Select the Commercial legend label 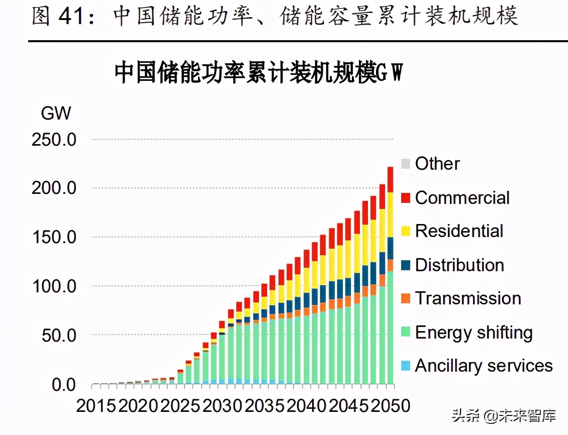[x=462, y=197]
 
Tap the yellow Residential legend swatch [x=406, y=231]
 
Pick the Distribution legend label [x=459, y=265]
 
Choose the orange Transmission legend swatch [x=406, y=298]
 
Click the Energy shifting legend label [x=474, y=332]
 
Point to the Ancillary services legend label [x=484, y=366]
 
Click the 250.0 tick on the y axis [x=54, y=140]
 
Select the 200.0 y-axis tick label [x=54, y=188]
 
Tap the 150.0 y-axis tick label [x=54, y=237]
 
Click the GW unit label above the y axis [x=56, y=114]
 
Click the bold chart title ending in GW [x=259, y=73]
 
